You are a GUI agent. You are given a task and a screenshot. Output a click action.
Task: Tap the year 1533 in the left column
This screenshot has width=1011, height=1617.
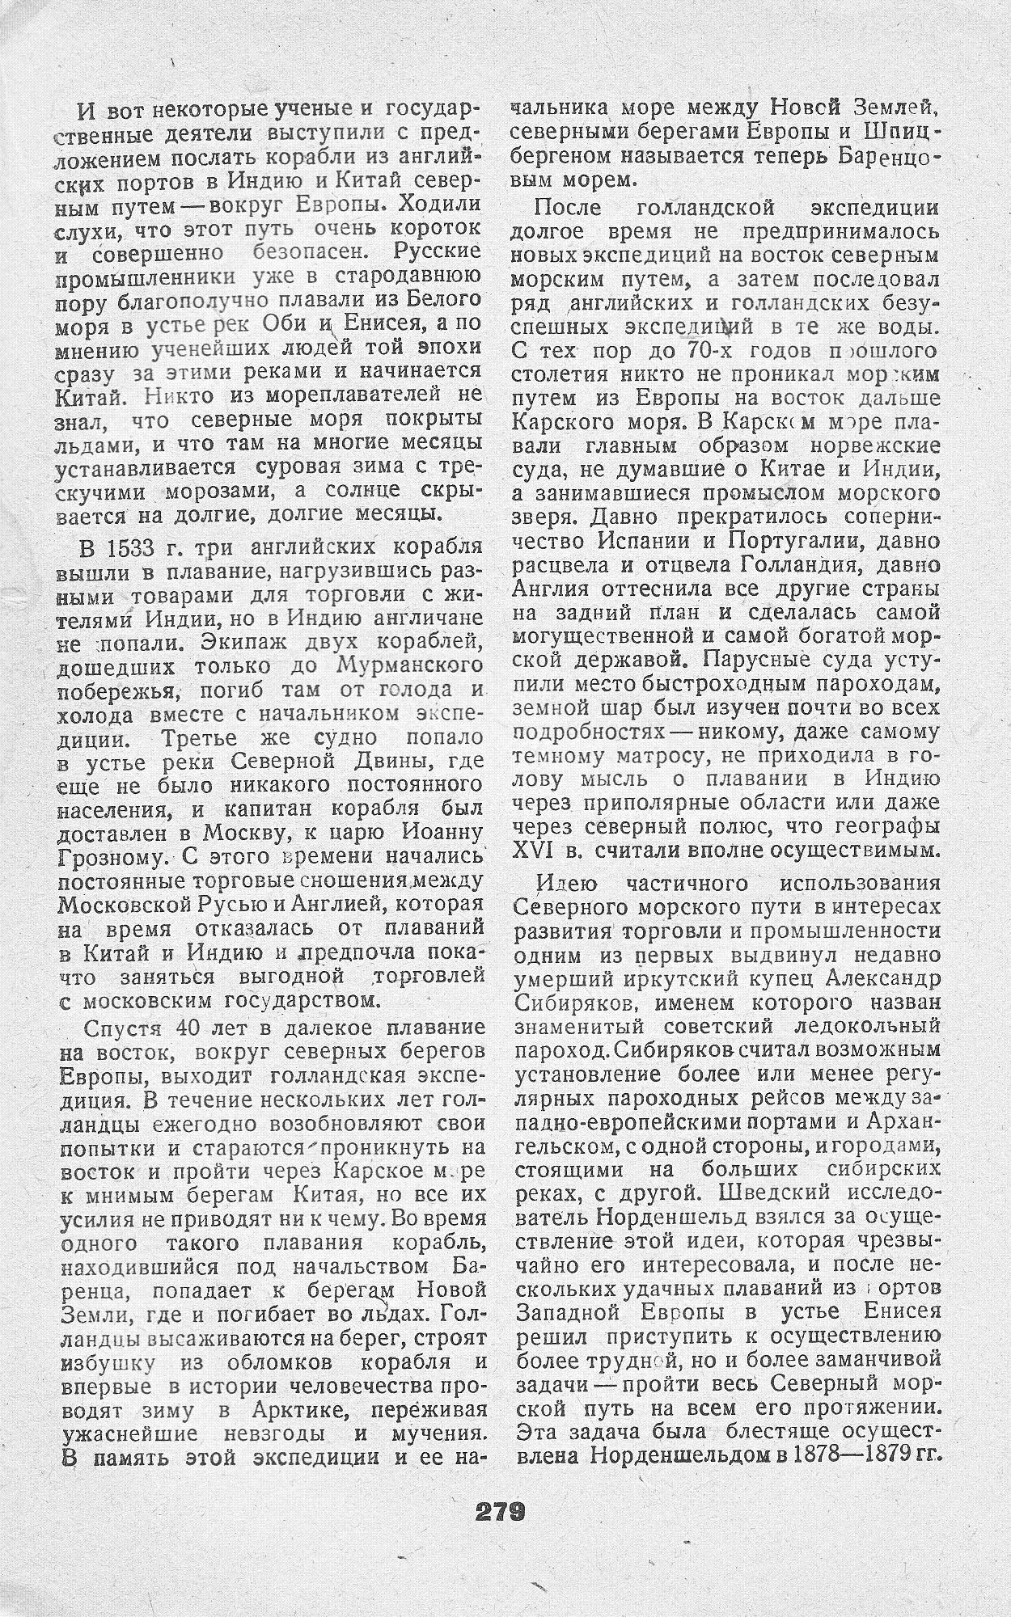point(130,547)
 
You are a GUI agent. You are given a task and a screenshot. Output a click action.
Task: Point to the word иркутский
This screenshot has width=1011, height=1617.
point(712,979)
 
